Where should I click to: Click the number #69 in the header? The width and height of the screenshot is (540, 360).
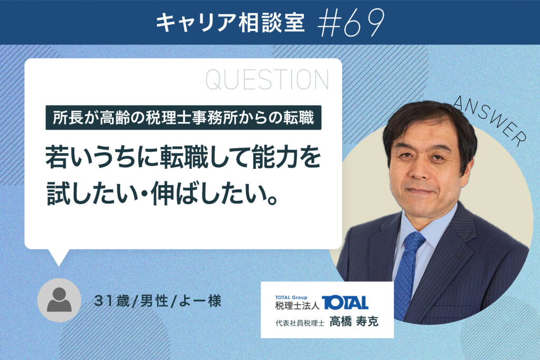pyautogui.click(x=351, y=23)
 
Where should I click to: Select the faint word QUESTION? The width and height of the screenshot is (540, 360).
pyautogui.click(x=267, y=80)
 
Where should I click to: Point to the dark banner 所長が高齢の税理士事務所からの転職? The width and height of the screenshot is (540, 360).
pyautogui.click(x=184, y=118)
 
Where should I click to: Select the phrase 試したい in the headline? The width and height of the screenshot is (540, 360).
pyautogui.click(x=92, y=193)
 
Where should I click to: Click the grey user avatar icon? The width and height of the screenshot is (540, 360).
pyautogui.click(x=59, y=300)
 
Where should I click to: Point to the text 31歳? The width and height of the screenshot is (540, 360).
pyautogui.click(x=112, y=301)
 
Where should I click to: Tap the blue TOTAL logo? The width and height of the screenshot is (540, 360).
pyautogui.click(x=345, y=303)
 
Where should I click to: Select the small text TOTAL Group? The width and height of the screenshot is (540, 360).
pyautogui.click(x=291, y=297)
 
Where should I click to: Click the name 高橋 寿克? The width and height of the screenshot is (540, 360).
pyautogui.click(x=354, y=322)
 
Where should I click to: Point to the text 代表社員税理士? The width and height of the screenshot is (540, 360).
pyautogui.click(x=300, y=323)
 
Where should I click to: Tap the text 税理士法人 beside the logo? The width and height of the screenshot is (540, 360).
pyautogui.click(x=297, y=305)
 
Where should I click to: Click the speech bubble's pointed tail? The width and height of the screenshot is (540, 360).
pyautogui.click(x=59, y=257)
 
